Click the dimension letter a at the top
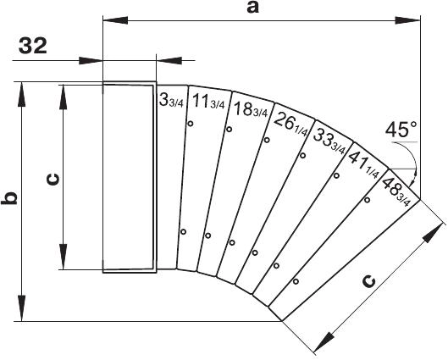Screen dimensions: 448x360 coord(253,8)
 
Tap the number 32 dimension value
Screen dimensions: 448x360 coord(33,46)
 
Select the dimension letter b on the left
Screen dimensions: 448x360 coord(8,198)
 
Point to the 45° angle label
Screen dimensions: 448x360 coord(401,130)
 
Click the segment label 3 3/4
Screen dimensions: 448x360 coord(171,100)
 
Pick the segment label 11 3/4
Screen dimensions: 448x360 coord(208,102)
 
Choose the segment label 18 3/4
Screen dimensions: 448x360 coord(251,109)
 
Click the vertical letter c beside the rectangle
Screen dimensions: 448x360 coord(53,179)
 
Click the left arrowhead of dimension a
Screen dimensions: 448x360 coord(115,20)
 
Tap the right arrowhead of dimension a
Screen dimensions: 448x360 coord(407,20)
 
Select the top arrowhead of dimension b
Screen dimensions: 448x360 coord(21,94)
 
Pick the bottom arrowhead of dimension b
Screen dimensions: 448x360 coord(21,308)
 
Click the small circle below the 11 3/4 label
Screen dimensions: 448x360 coord(191,124)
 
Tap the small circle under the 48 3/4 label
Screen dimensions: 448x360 coord(368,200)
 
